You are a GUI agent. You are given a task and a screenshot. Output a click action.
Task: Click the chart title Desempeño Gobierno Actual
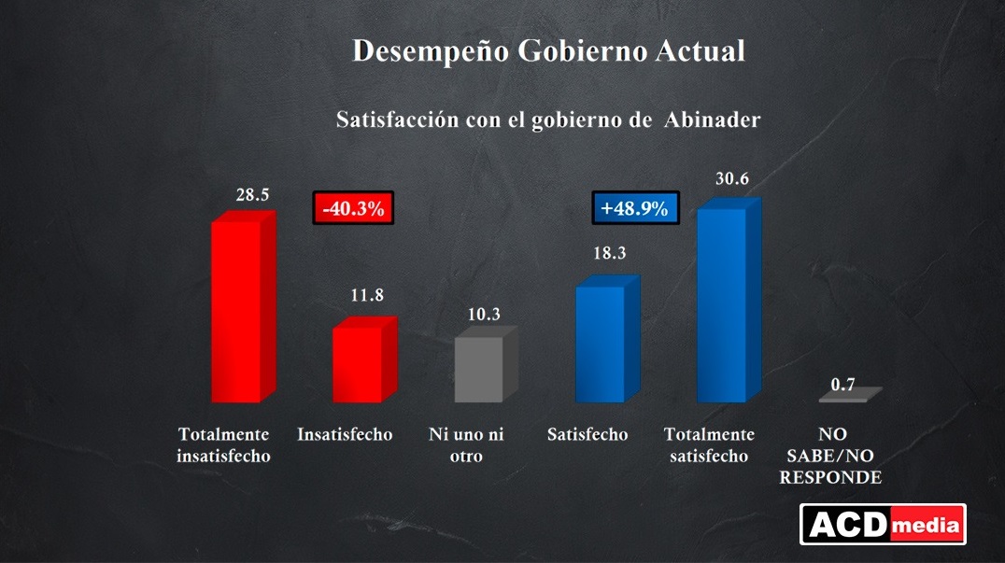[x=548, y=50]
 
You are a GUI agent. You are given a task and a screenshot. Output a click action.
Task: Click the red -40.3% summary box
[x=353, y=208]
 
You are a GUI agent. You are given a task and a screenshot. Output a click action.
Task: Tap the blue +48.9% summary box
[x=635, y=208]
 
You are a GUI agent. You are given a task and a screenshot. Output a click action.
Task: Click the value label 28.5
[x=252, y=195]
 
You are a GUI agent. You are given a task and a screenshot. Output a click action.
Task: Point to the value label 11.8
[x=366, y=296]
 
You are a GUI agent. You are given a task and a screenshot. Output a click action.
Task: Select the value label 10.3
[x=484, y=315]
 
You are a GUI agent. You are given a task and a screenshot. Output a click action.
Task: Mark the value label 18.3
[x=607, y=254]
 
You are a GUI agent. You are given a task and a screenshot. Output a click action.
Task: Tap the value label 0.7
[x=843, y=384]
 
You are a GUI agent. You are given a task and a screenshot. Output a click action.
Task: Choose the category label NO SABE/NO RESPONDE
[x=842, y=456]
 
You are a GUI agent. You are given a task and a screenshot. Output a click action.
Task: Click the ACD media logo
[x=882, y=524]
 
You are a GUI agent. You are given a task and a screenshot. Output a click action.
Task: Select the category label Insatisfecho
[x=345, y=434]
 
